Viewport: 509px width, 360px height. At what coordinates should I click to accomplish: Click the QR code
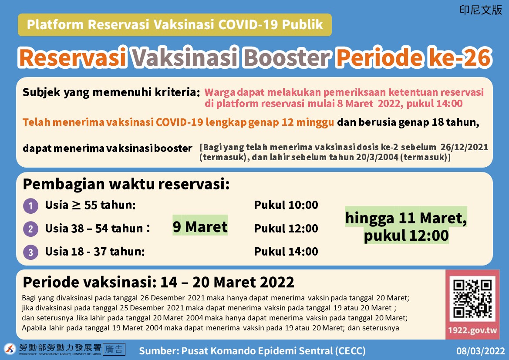[x=472, y=299]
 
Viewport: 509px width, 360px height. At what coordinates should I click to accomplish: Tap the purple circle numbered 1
[x=30, y=206]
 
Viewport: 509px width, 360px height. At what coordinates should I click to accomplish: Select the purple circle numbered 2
[x=30, y=229]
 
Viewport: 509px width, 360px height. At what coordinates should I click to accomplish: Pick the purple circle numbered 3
[x=30, y=252]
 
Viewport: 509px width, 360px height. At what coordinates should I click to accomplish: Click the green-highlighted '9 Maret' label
[x=200, y=227]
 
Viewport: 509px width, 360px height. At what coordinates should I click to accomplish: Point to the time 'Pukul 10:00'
[x=286, y=205]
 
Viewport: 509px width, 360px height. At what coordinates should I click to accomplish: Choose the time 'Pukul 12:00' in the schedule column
[x=286, y=228]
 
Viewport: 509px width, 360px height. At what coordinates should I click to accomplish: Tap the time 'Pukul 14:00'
[x=286, y=251]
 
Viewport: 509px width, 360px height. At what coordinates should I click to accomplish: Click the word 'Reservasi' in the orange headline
[x=73, y=57]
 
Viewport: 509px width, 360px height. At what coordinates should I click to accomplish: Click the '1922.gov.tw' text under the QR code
[x=472, y=330]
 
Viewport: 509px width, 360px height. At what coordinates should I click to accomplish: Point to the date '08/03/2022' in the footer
[x=480, y=351]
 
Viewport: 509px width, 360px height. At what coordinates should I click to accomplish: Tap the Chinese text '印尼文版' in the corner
[x=481, y=10]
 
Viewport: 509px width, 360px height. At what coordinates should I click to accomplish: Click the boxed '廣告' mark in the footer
[x=114, y=349]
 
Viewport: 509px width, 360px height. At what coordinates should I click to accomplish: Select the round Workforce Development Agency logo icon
[x=10, y=349]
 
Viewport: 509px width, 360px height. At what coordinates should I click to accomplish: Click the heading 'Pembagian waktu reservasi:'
[x=126, y=185]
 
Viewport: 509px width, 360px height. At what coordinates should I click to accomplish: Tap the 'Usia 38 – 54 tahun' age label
[x=94, y=229]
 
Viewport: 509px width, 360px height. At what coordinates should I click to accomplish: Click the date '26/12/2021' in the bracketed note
[x=464, y=147]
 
